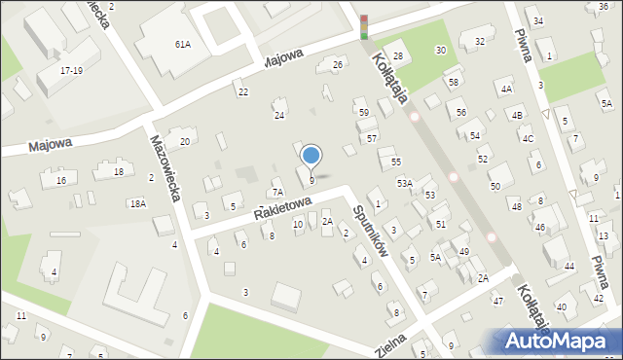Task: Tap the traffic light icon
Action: coord(364,26)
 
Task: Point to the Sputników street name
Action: coord(371,230)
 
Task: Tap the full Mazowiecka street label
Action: coord(166,166)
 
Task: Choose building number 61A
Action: coord(182,45)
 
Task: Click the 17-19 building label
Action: coord(71,71)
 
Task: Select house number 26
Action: coord(338,65)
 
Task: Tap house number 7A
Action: coord(277,193)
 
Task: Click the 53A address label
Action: coord(404,183)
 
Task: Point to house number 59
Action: coord(363,114)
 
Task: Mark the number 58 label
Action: coord(454,83)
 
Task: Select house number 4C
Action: coord(528,138)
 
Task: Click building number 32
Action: coord(479,41)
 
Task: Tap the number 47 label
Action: coord(497,302)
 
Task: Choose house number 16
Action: coord(60,181)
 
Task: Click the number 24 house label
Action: coord(278,116)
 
